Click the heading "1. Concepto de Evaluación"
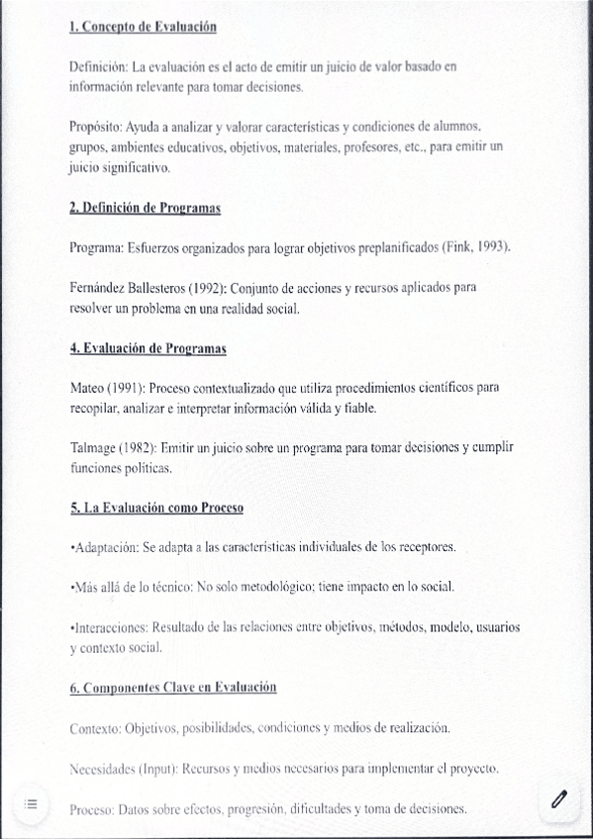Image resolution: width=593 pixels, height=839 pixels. pyautogui.click(x=143, y=28)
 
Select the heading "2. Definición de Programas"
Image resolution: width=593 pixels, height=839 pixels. pyautogui.click(x=145, y=208)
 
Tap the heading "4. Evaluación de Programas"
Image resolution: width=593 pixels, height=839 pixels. pyautogui.click(x=148, y=348)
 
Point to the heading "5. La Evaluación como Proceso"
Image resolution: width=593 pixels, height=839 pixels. pyautogui.click(x=156, y=508)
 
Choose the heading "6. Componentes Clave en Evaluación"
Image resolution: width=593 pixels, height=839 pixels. pyautogui.click(x=172, y=687)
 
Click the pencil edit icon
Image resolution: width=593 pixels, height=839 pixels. pyautogui.click(x=558, y=797)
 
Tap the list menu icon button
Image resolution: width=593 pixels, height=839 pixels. pyautogui.click(x=31, y=803)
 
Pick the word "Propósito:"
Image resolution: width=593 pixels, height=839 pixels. pyautogui.click(x=96, y=127)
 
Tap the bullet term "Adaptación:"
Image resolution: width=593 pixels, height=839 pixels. pyautogui.click(x=110, y=547)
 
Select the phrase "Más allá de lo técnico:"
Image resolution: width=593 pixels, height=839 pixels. pyautogui.click(x=132, y=587)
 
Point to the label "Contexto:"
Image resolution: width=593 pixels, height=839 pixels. pyautogui.click(x=94, y=728)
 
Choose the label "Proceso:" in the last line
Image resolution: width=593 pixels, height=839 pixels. pyautogui.click(x=91, y=809)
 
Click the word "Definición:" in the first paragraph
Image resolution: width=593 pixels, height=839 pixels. pyautogui.click(x=98, y=66)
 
